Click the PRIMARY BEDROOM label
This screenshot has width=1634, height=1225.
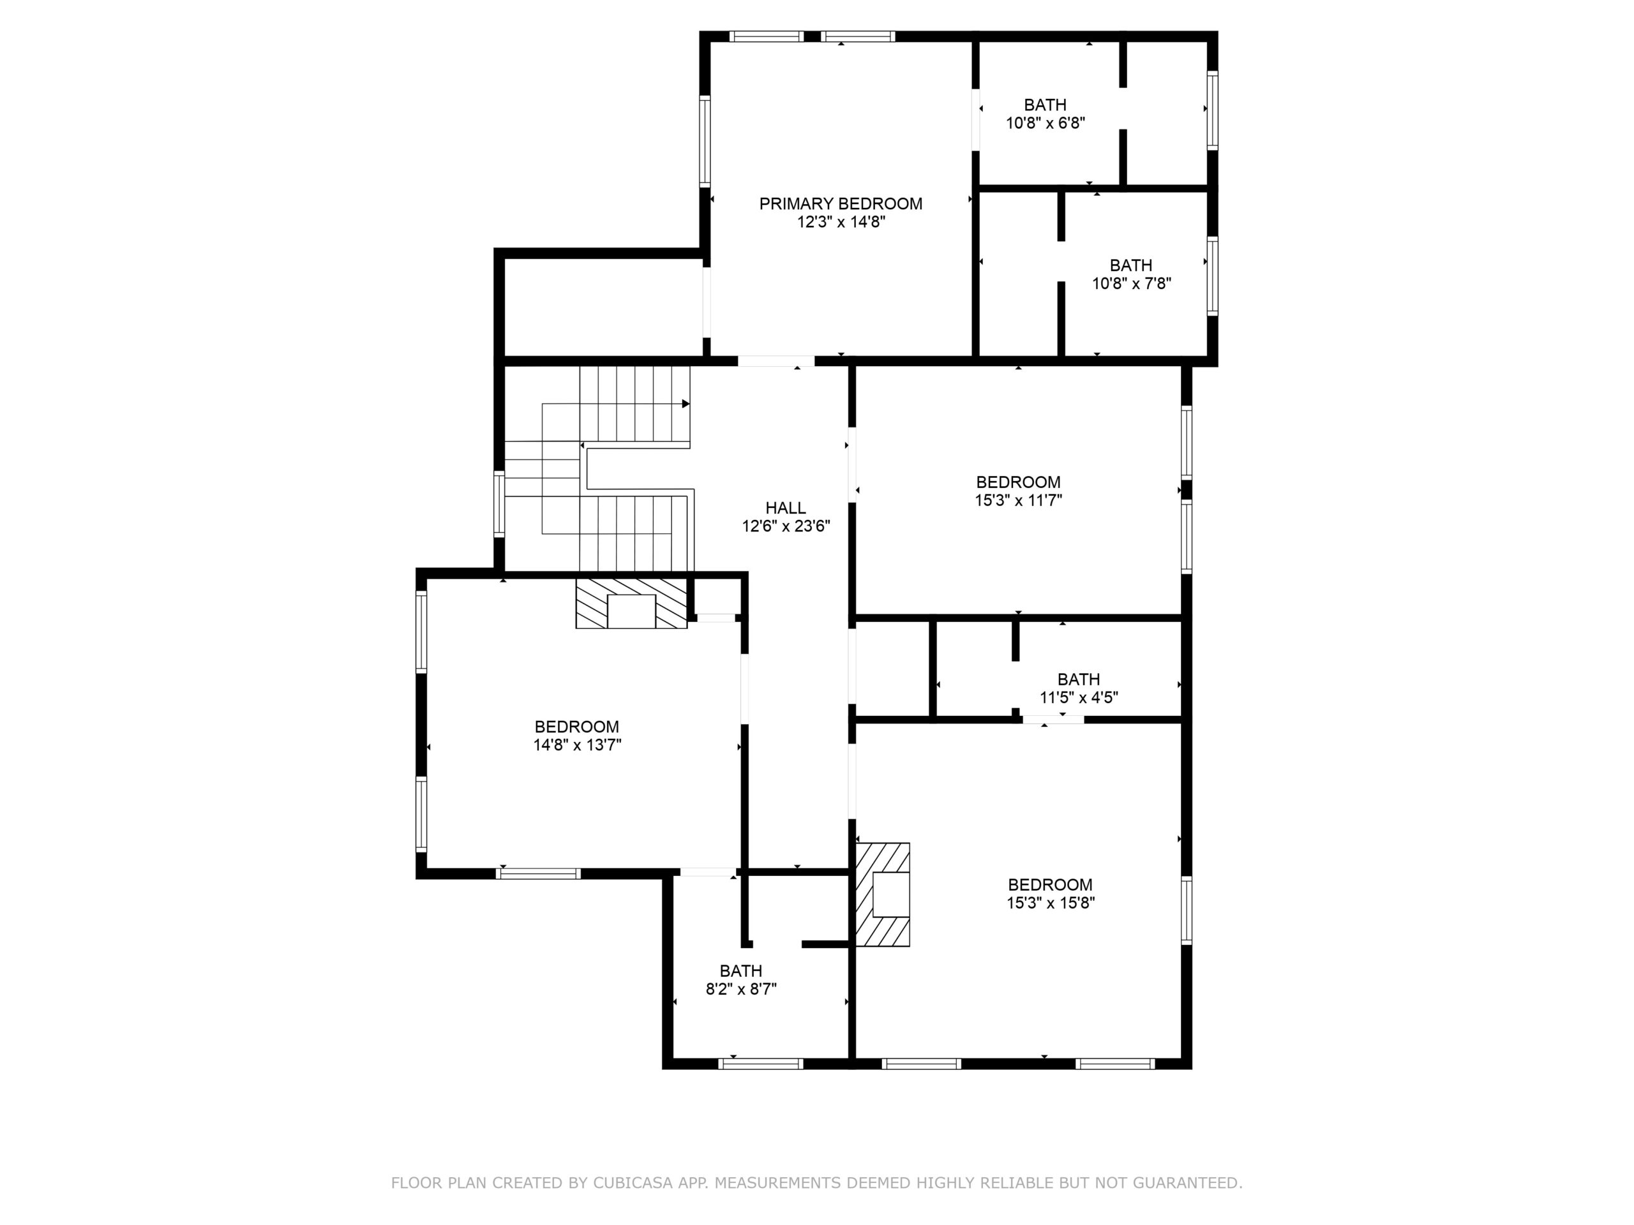pyautogui.click(x=841, y=204)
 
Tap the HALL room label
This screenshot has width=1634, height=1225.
pyautogui.click(x=785, y=508)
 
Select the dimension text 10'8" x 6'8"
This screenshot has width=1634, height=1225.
pyautogui.click(x=1046, y=123)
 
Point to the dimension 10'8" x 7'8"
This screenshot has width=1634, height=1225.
pyautogui.click(x=1132, y=283)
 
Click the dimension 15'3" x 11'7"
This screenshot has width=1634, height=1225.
pyautogui.click(x=1019, y=501)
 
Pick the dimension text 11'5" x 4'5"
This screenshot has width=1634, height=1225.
pyautogui.click(x=1079, y=698)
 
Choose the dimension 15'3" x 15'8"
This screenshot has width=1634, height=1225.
pyautogui.click(x=1051, y=903)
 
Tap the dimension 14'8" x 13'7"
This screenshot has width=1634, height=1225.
pyautogui.click(x=578, y=745)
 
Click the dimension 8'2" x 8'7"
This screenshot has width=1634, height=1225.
pyautogui.click(x=741, y=990)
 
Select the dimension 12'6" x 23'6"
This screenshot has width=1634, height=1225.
pyautogui.click(x=786, y=526)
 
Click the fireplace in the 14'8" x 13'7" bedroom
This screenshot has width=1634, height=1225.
pyautogui.click(x=632, y=604)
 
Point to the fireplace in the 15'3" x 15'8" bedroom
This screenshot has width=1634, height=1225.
pyautogui.click(x=883, y=895)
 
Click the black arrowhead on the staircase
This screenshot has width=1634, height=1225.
pyautogui.click(x=686, y=404)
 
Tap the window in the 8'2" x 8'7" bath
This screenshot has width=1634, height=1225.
pyautogui.click(x=761, y=1064)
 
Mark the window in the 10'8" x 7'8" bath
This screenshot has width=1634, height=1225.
pyautogui.click(x=1212, y=276)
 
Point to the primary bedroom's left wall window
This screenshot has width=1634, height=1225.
pyautogui.click(x=705, y=141)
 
